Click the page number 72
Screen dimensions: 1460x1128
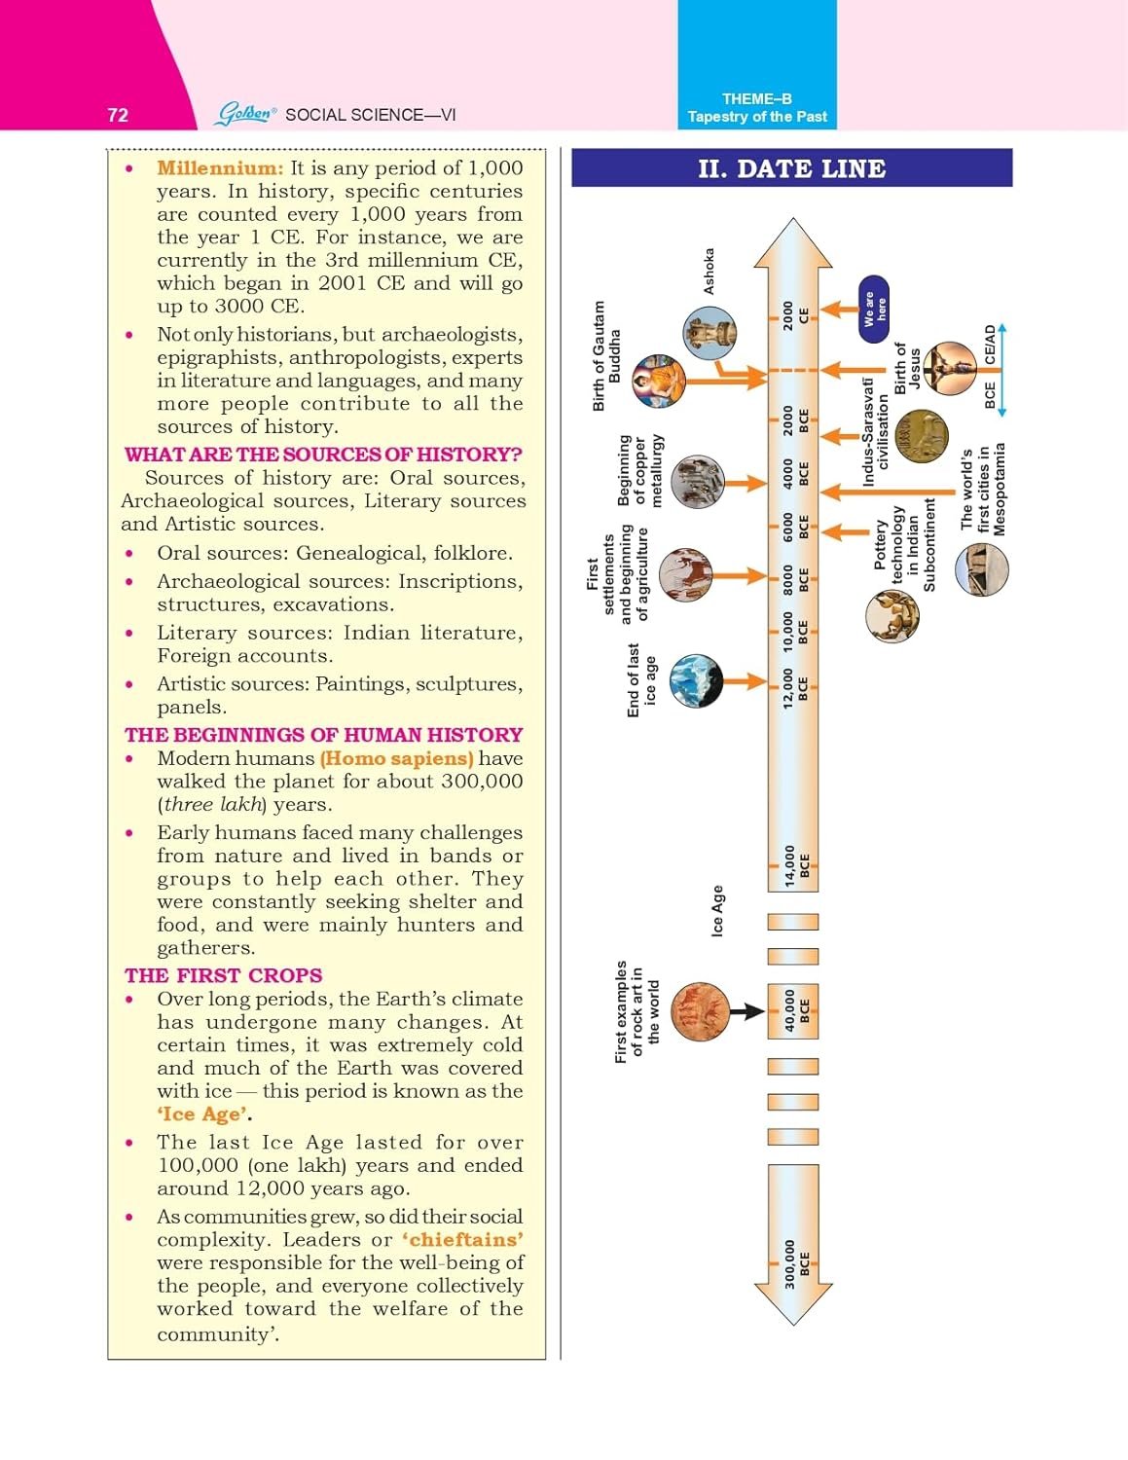(x=118, y=115)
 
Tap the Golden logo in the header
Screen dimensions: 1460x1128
(x=245, y=114)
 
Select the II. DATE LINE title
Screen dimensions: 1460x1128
(x=791, y=168)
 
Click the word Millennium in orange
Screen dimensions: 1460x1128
(x=220, y=168)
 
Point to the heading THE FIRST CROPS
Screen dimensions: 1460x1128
(x=223, y=975)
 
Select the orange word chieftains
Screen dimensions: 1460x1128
(x=465, y=1239)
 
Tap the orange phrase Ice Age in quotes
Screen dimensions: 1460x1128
(x=201, y=1114)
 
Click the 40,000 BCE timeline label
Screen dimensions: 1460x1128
(x=796, y=1011)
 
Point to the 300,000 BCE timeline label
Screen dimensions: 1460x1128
(x=796, y=1263)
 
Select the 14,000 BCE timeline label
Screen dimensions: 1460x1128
(x=796, y=865)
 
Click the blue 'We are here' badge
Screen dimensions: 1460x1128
(x=875, y=310)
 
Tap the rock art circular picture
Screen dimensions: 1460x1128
(x=700, y=1012)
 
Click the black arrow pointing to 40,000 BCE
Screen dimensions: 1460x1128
(x=746, y=1011)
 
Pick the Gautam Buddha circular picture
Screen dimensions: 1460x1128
(x=659, y=381)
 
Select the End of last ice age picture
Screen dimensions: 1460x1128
(x=696, y=680)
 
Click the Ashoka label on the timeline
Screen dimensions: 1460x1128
(x=709, y=271)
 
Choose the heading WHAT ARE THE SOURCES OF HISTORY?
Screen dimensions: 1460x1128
(x=323, y=455)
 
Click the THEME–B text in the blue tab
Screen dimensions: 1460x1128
(x=756, y=98)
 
